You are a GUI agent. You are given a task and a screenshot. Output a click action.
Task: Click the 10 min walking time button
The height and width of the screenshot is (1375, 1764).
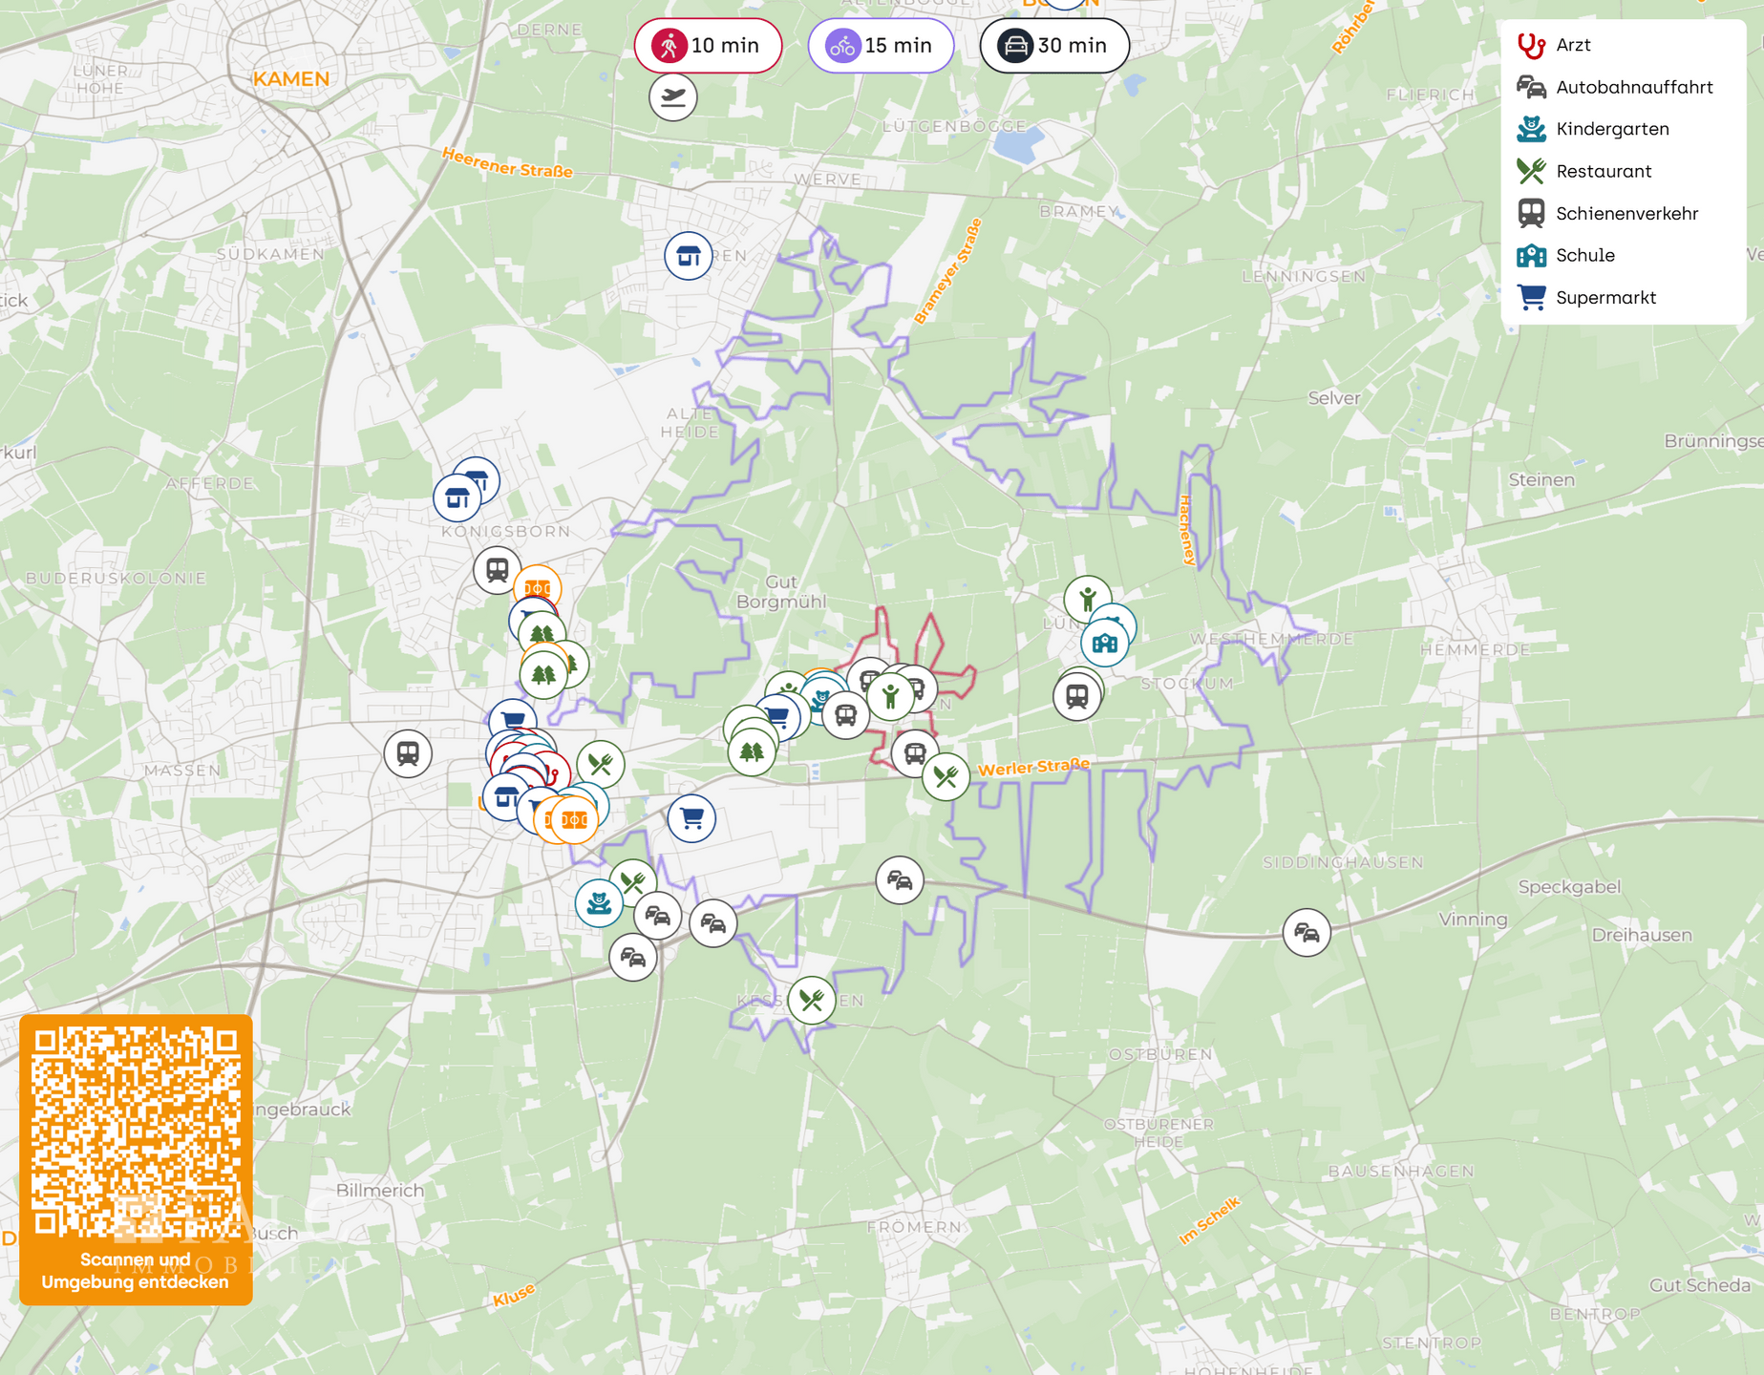pyautogui.click(x=708, y=46)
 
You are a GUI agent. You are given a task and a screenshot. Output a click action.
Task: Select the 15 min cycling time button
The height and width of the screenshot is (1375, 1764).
pyautogui.click(x=881, y=46)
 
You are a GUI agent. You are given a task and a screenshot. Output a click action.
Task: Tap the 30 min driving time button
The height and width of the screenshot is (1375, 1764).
pyautogui.click(x=1054, y=46)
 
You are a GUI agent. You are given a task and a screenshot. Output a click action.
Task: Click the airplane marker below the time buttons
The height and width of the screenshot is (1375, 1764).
pyautogui.click(x=673, y=97)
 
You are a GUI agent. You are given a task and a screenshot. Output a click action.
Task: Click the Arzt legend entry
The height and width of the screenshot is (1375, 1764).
pyautogui.click(x=1572, y=45)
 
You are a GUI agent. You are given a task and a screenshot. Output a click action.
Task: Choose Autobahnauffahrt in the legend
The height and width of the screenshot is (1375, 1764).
pyautogui.click(x=1633, y=87)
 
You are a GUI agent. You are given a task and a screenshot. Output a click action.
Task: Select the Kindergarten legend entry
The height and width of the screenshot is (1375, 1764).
pyautogui.click(x=1611, y=129)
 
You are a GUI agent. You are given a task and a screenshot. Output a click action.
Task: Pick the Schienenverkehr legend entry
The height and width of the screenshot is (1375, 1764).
pyautogui.click(x=1626, y=213)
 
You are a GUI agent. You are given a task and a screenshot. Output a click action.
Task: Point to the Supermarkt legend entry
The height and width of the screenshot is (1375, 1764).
pyautogui.click(x=1605, y=297)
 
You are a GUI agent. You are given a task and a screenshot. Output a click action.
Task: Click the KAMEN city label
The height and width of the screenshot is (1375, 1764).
pyautogui.click(x=291, y=79)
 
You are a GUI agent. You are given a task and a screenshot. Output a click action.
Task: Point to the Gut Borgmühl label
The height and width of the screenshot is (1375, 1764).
pyautogui.click(x=781, y=592)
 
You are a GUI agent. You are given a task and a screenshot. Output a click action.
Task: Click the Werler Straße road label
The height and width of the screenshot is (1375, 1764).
pyautogui.click(x=1033, y=767)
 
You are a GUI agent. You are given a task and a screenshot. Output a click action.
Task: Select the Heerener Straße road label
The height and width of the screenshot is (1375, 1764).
pyautogui.click(x=507, y=163)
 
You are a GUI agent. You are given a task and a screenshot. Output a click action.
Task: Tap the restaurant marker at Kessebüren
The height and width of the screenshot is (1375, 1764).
pyautogui.click(x=812, y=1001)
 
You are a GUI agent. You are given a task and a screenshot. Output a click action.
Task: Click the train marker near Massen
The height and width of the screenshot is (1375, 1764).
pyautogui.click(x=408, y=753)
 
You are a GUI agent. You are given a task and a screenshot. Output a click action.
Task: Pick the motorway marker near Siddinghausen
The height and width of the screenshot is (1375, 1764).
pyautogui.click(x=1307, y=933)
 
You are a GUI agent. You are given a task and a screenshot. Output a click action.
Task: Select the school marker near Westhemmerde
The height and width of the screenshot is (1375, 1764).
pyautogui.click(x=1105, y=643)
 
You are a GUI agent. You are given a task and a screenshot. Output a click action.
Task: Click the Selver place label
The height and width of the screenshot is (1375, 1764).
pyautogui.click(x=1333, y=398)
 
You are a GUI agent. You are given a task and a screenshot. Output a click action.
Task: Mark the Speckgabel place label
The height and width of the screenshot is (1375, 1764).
pyautogui.click(x=1568, y=887)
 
